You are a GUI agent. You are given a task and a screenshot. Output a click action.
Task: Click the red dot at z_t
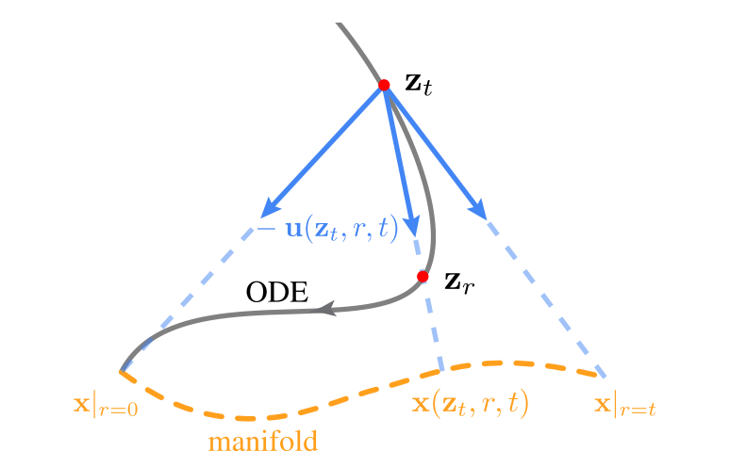tap(384, 85)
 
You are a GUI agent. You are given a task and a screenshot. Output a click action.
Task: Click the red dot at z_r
tap(423, 277)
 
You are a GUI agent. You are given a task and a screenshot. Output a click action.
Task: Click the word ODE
tap(277, 293)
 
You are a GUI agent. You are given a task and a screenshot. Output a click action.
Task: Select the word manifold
tap(263, 441)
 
